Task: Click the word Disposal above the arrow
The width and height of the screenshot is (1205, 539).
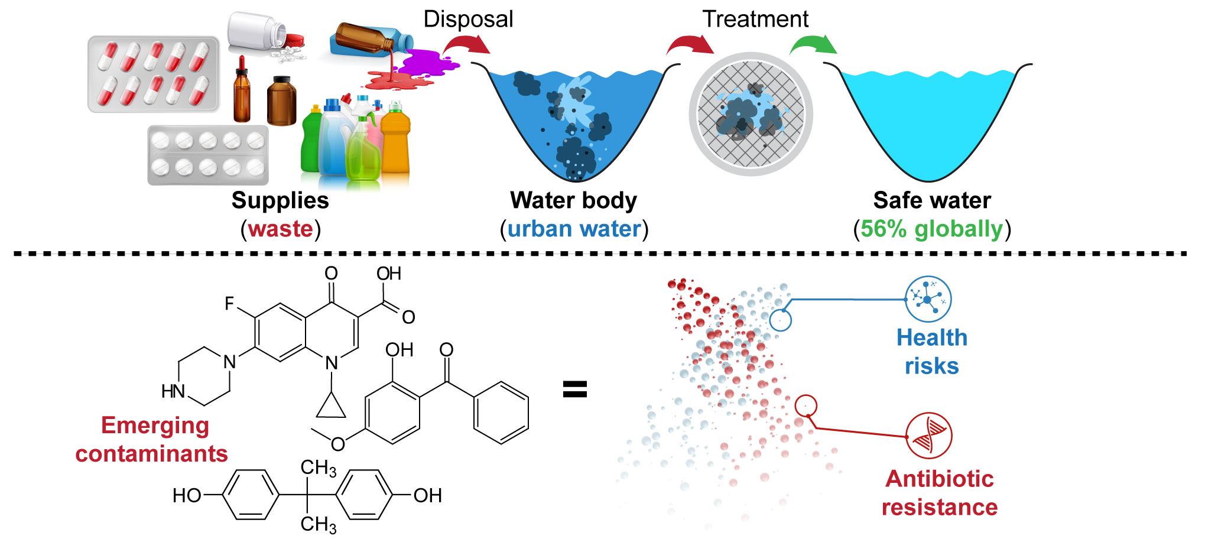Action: click(x=468, y=19)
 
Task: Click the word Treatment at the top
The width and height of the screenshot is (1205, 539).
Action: click(x=755, y=19)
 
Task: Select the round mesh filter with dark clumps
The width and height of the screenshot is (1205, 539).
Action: click(x=751, y=114)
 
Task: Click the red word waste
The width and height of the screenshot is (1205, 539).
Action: click(x=280, y=229)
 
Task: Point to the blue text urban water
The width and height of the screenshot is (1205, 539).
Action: click(x=574, y=229)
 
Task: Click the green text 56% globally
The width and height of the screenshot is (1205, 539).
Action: click(x=931, y=229)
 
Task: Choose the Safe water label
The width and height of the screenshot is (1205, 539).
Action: click(x=931, y=200)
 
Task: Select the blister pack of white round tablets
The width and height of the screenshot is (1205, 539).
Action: click(x=208, y=155)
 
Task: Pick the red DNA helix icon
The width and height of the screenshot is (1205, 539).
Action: click(x=928, y=436)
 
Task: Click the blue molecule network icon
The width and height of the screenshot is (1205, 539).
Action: click(x=928, y=299)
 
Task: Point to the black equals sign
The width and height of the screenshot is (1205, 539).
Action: click(x=574, y=389)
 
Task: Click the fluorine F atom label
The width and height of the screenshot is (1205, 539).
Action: click(x=230, y=304)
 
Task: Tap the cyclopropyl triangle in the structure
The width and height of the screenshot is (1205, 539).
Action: click(x=332, y=406)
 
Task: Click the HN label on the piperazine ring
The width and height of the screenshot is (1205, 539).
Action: click(x=173, y=391)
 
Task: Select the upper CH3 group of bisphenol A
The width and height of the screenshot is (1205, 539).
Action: click(x=319, y=468)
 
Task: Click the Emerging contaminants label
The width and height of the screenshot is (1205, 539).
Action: click(x=152, y=439)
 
